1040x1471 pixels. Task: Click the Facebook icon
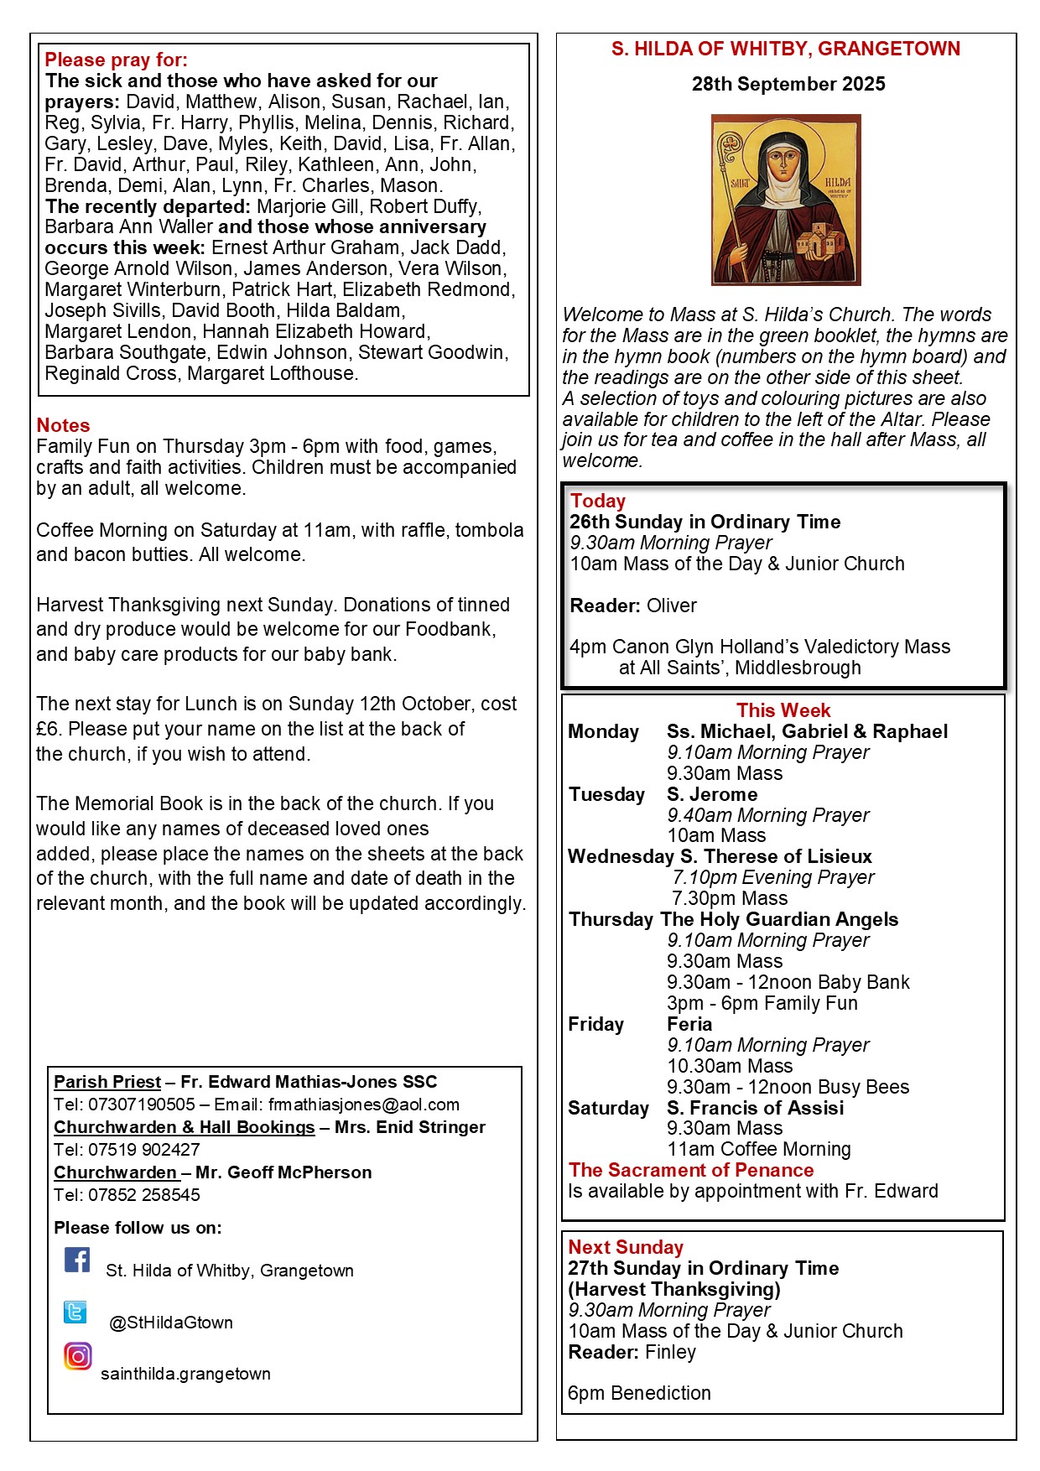click(77, 1260)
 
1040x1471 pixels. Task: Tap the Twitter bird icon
click(75, 1312)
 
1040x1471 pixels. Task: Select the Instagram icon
click(78, 1356)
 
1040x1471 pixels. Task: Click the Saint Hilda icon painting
click(786, 200)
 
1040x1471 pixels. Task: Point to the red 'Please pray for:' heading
click(116, 60)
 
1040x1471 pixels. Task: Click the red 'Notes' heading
click(63, 425)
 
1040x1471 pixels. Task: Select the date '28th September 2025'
click(788, 84)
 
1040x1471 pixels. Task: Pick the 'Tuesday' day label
click(606, 794)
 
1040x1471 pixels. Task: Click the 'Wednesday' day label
click(621, 856)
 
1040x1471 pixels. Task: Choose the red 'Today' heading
click(597, 501)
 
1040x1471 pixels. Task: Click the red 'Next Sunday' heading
click(626, 1247)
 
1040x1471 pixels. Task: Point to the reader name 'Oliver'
click(672, 606)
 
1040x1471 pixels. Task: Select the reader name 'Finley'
click(670, 1352)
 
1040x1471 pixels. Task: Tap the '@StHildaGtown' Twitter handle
click(171, 1323)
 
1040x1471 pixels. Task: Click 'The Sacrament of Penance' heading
click(691, 1170)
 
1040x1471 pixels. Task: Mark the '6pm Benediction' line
click(639, 1393)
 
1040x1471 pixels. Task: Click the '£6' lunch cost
click(50, 729)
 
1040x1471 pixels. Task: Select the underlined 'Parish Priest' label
click(107, 1082)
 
